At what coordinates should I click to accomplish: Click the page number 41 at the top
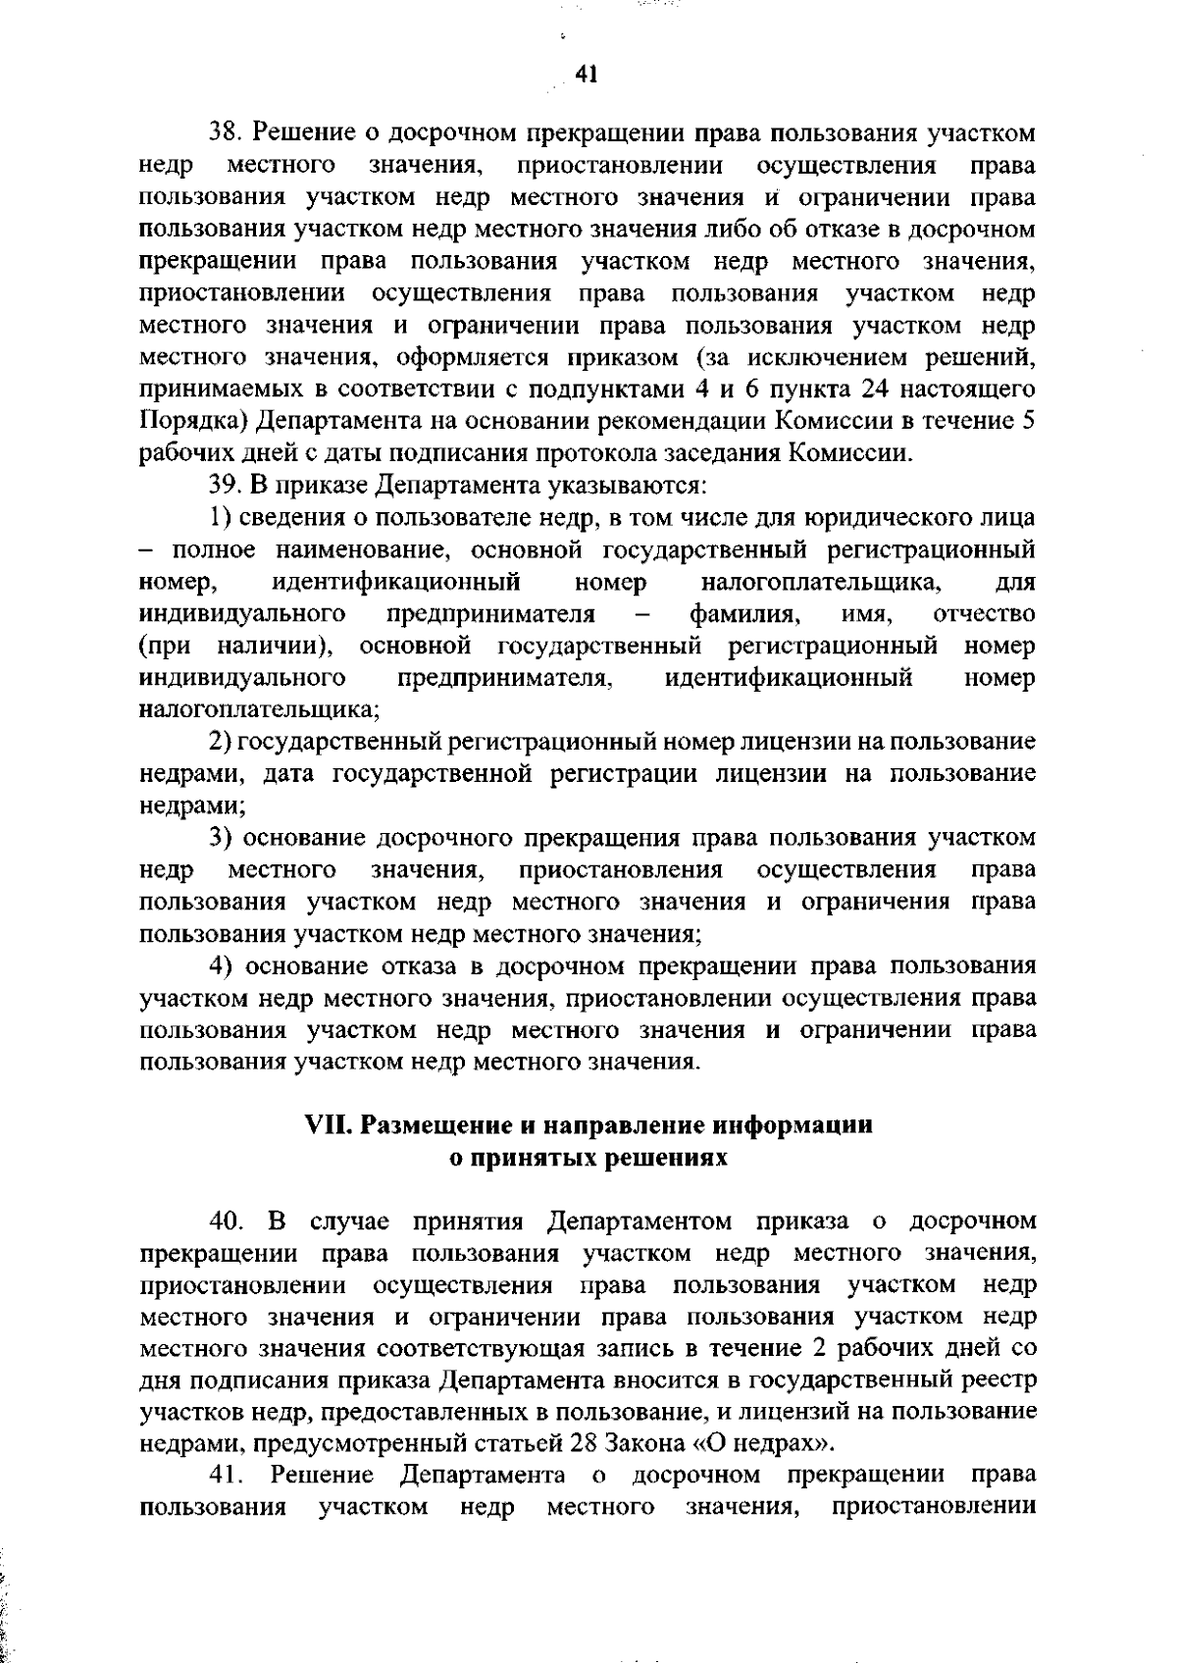588,76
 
